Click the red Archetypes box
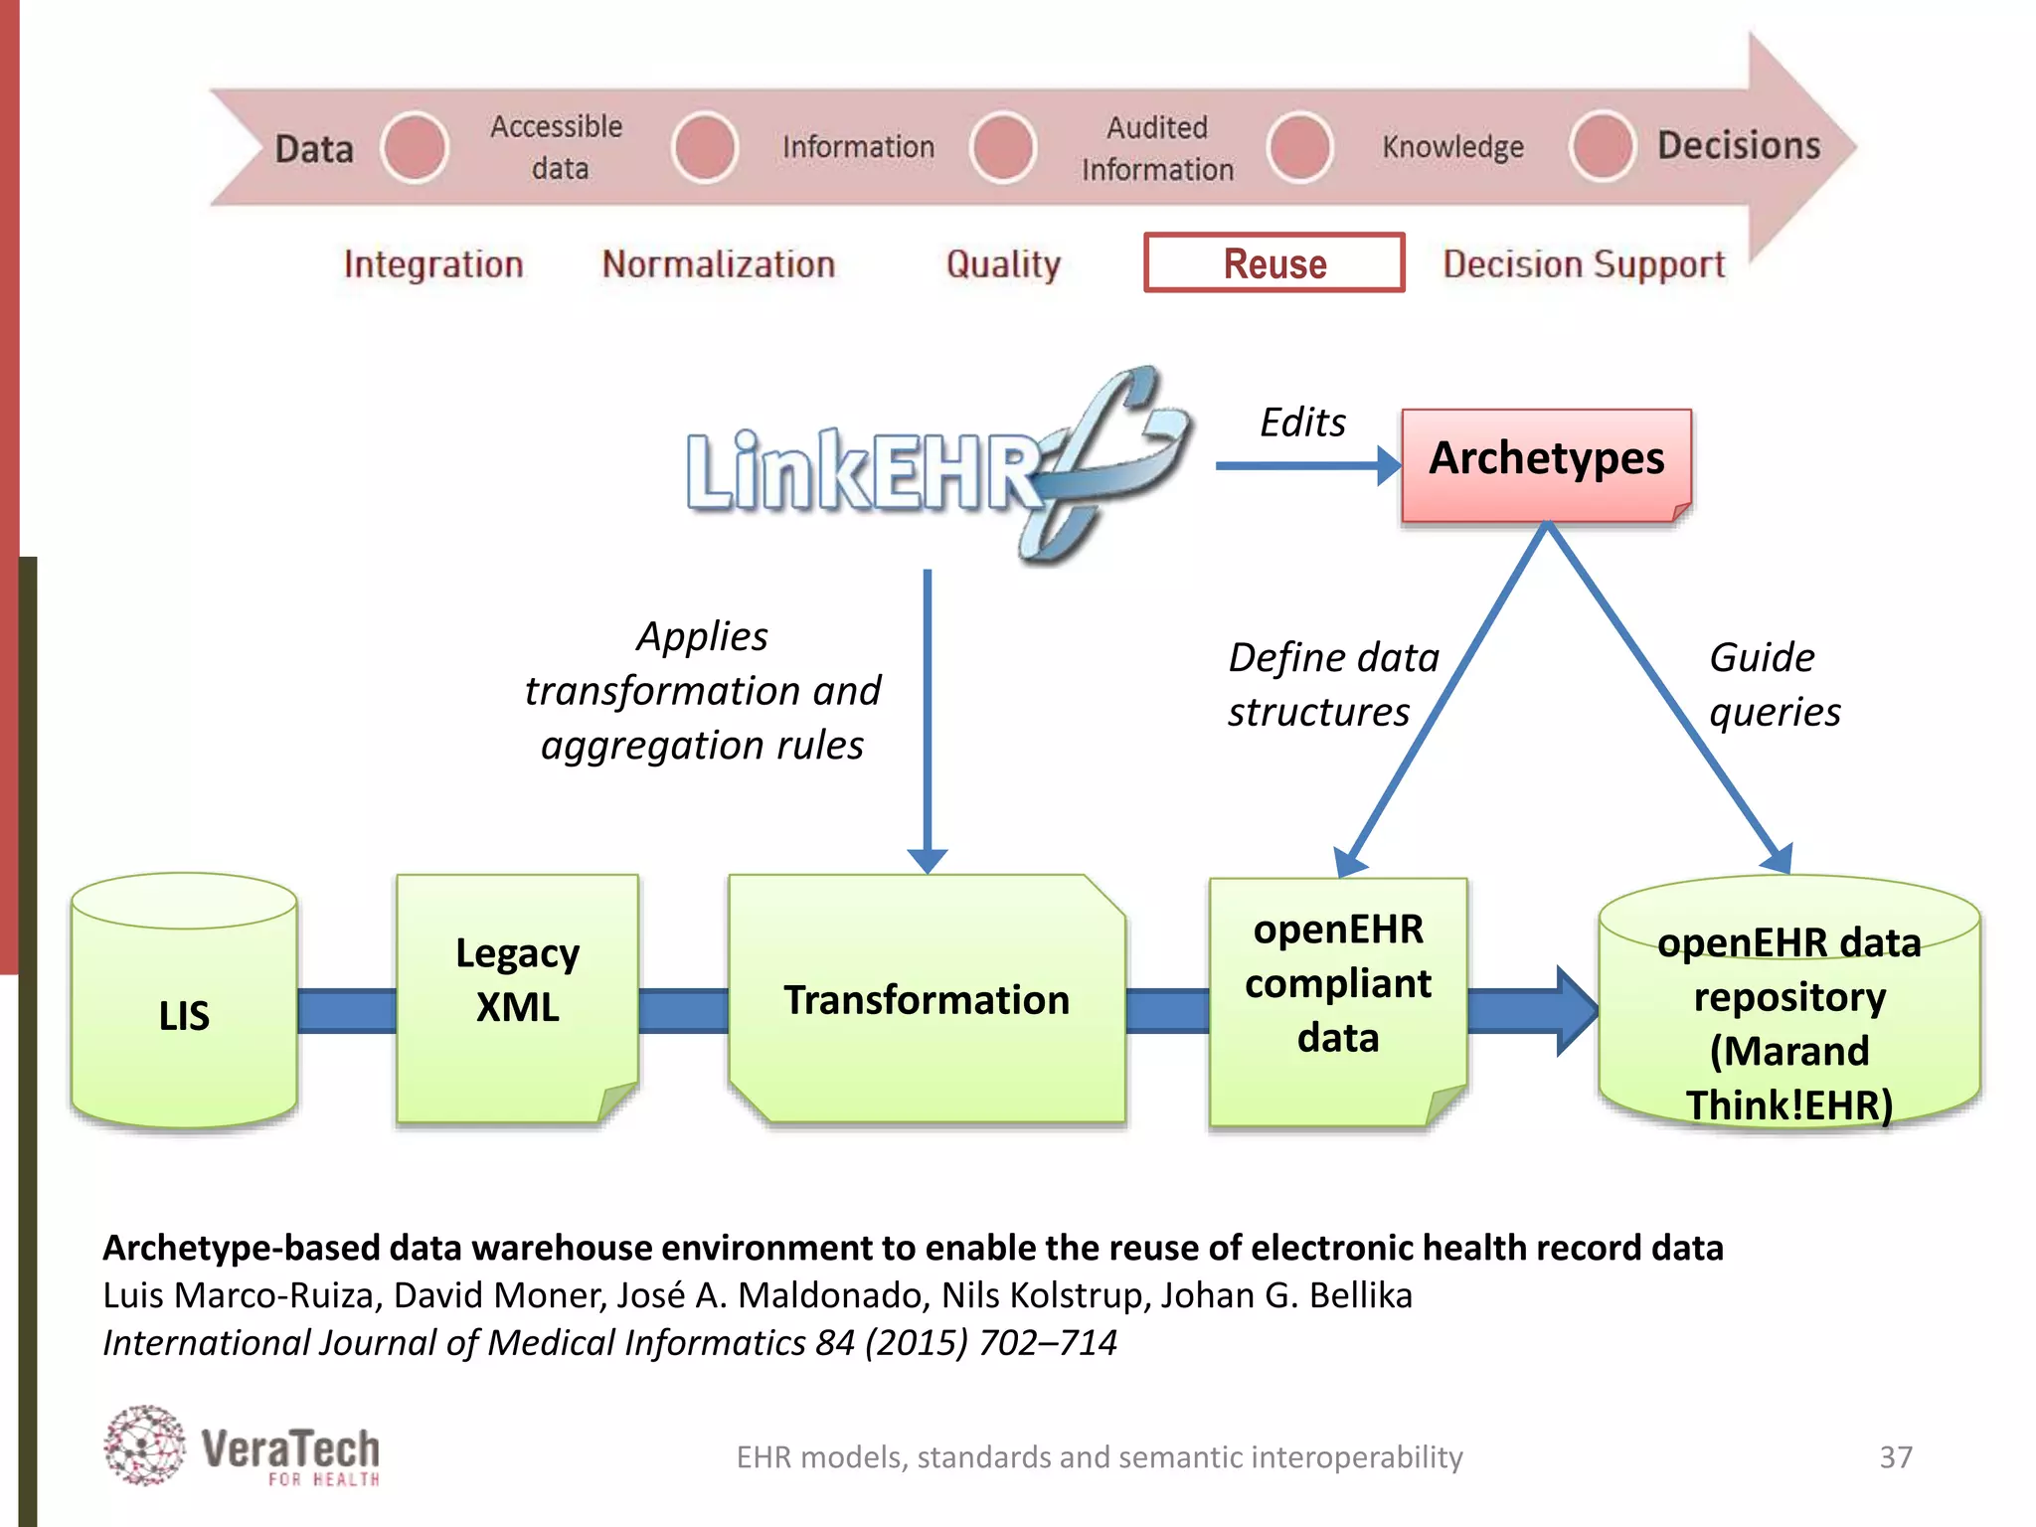coord(1546,464)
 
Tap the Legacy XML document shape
coord(517,998)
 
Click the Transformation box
coord(927,999)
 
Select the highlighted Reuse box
coord(1274,263)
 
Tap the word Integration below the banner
coord(433,264)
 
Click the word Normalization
coord(718,264)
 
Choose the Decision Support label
coord(1584,264)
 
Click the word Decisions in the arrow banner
coord(1739,146)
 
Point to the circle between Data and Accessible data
coord(415,147)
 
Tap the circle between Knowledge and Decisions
coord(1602,147)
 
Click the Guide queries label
coord(1774,684)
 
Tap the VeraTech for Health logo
coord(243,1447)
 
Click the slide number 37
coord(1895,1456)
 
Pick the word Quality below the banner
coord(1003,264)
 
